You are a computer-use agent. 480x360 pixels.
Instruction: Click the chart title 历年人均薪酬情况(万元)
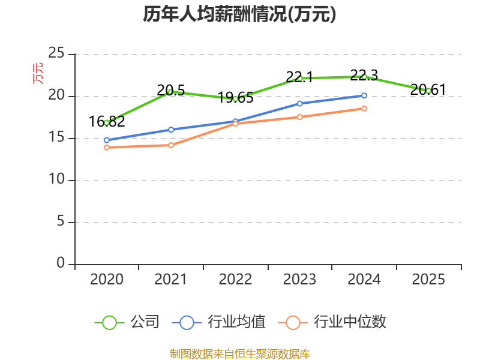coord(239,14)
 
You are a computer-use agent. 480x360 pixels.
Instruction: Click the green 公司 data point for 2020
coord(107,122)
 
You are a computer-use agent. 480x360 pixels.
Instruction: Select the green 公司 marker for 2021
coord(170,92)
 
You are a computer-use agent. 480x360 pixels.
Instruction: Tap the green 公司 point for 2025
coord(428,91)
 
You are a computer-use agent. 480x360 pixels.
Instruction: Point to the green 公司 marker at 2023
coord(299,78)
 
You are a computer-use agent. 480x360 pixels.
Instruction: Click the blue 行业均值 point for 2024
coord(364,95)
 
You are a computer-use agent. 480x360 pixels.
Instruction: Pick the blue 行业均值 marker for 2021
coord(171,130)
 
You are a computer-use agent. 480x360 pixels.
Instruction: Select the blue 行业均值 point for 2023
coord(299,103)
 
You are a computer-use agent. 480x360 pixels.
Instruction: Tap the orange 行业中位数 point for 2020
coord(107,147)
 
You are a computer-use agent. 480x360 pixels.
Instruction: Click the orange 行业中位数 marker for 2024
coord(364,109)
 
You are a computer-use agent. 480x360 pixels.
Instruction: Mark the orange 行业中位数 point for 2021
coord(171,145)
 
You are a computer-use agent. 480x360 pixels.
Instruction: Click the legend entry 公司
coord(127,322)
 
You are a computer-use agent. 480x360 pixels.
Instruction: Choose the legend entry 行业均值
coord(218,322)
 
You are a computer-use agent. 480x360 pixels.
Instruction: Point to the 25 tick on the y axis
coord(56,54)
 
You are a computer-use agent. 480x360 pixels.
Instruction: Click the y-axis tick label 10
coord(56,180)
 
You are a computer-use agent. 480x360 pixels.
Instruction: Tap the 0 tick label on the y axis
coord(61,263)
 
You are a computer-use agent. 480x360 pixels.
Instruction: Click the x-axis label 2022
coord(235,280)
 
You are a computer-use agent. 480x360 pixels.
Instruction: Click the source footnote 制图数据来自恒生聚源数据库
coord(239,354)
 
